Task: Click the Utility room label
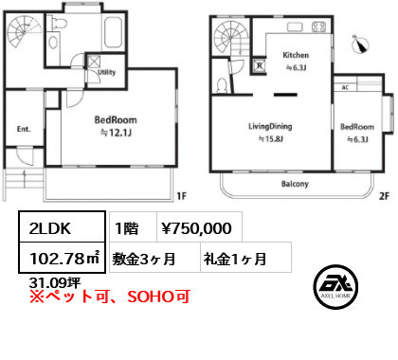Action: point(106,72)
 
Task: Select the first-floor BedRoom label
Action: point(116,120)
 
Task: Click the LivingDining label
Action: point(270,126)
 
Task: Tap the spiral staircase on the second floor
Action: point(230,40)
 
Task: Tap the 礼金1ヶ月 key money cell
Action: point(233,257)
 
